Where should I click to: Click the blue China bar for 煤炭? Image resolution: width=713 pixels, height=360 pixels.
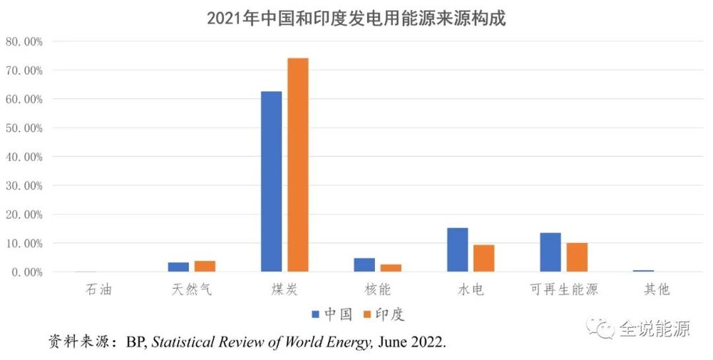(x=271, y=182)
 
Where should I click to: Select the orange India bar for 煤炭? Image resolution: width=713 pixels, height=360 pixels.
(x=298, y=165)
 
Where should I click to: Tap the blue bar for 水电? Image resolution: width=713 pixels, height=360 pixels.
(x=457, y=250)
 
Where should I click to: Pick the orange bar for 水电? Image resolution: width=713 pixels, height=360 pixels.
(x=484, y=258)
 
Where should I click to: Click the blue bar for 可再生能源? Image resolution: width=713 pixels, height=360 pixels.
(x=550, y=252)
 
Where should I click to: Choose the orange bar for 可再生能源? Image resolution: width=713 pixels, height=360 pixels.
(x=577, y=257)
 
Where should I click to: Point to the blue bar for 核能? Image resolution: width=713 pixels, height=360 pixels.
(x=364, y=264)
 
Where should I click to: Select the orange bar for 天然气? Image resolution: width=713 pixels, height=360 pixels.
(x=205, y=266)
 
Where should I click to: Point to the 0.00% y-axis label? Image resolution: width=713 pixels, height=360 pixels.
(x=26, y=272)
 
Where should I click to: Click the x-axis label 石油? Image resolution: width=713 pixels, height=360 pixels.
(x=98, y=289)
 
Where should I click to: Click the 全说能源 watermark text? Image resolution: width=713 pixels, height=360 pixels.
(x=654, y=329)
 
